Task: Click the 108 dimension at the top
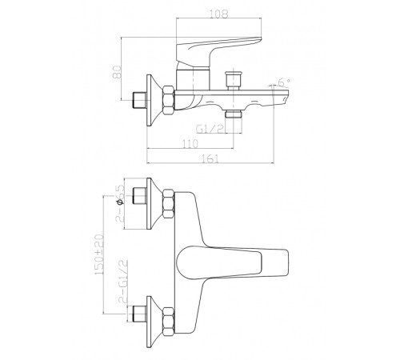[x=219, y=14]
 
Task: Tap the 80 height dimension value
[x=117, y=72]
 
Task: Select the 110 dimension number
[x=190, y=144]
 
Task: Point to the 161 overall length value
[x=210, y=158]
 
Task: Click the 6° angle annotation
[x=284, y=82]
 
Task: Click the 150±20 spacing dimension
[x=98, y=254]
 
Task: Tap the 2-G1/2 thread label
[x=123, y=281]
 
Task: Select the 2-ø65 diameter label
[x=120, y=204]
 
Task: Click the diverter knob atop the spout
[x=234, y=79]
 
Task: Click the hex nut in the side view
[x=169, y=100]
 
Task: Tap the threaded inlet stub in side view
[x=139, y=100]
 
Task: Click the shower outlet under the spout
[x=234, y=114]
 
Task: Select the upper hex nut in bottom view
[x=169, y=203]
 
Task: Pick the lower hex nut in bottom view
[x=169, y=322]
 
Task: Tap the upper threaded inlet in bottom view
[x=139, y=196]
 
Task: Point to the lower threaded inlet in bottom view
[x=139, y=314]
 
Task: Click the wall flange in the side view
[x=154, y=100]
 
